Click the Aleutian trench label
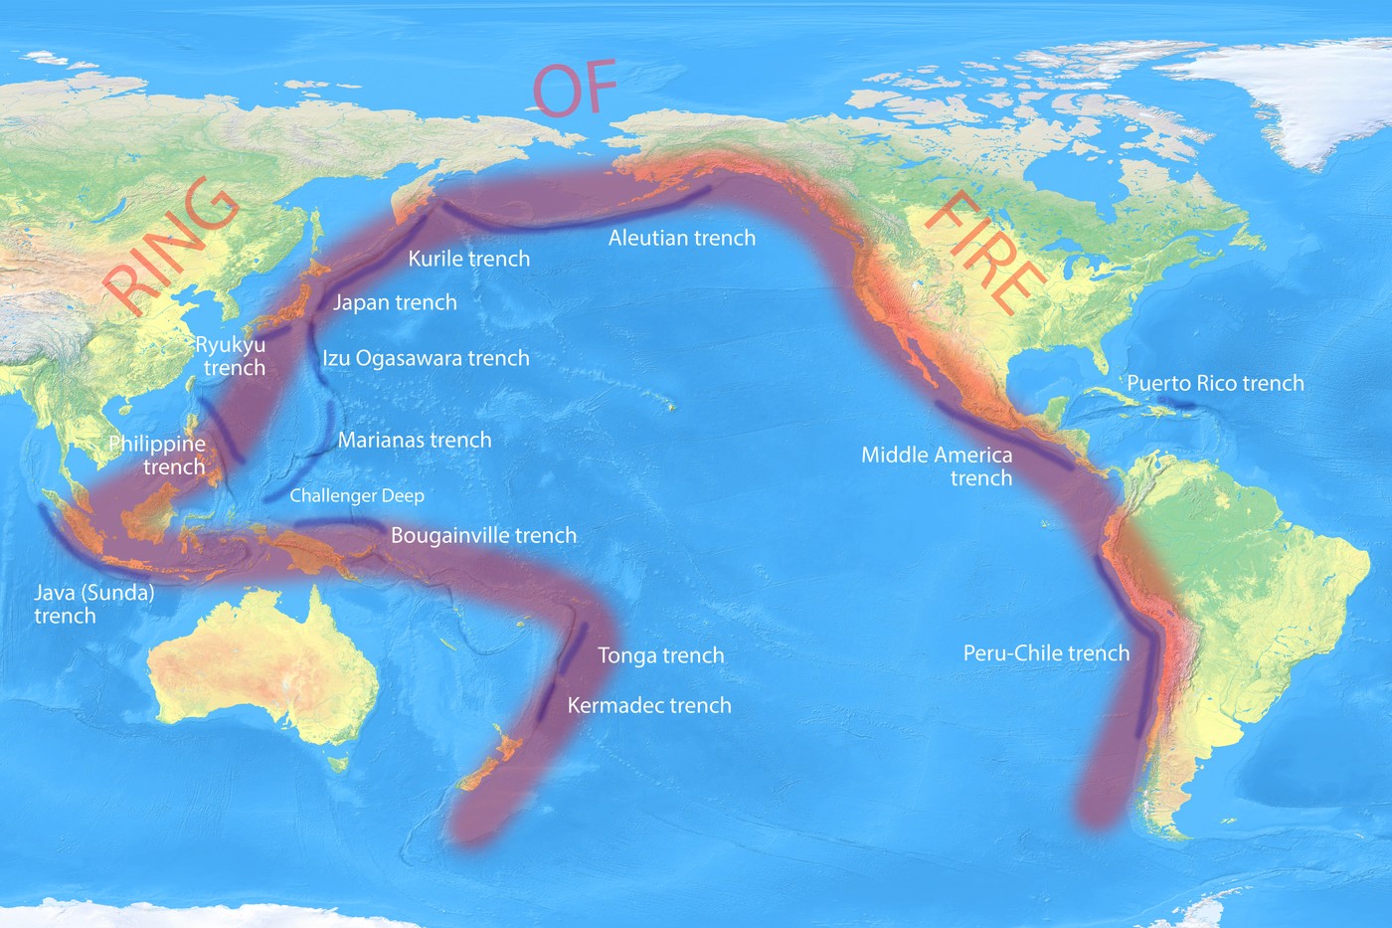[x=682, y=238]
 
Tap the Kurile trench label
[x=468, y=259]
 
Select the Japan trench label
[x=395, y=302]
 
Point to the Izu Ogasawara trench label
[x=426, y=358]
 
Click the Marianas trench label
[x=415, y=440]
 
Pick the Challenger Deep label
[x=357, y=495]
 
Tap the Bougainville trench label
[x=483, y=535]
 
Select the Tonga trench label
[x=660, y=655]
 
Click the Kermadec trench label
[x=649, y=705]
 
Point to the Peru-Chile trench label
[x=1046, y=653]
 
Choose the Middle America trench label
[x=937, y=466]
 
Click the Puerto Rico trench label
[x=1215, y=383]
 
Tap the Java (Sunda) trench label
[x=93, y=604]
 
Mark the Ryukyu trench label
[x=231, y=356]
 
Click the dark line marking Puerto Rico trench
[x=1180, y=404]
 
